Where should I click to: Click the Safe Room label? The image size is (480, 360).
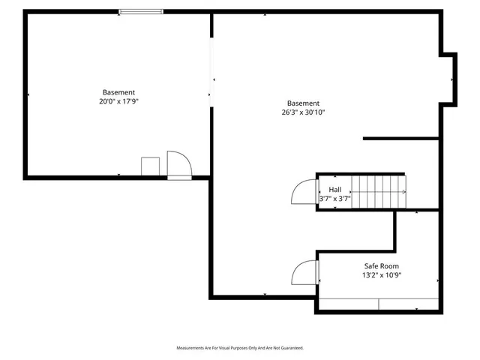click(380, 266)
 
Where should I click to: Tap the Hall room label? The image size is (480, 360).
click(334, 190)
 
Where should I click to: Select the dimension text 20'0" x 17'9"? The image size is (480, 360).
click(118, 101)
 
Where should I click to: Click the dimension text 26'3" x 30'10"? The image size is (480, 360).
click(303, 112)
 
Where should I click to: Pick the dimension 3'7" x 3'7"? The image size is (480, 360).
click(334, 199)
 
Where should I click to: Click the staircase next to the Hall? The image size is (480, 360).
click(379, 192)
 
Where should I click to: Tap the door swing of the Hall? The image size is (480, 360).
click(302, 193)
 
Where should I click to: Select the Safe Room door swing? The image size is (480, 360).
click(304, 271)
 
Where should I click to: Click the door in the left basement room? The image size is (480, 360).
click(179, 164)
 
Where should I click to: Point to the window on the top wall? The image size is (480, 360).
click(141, 11)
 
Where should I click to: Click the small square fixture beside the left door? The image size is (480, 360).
click(150, 166)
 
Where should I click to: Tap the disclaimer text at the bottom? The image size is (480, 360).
click(240, 348)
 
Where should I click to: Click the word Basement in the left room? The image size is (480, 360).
click(118, 92)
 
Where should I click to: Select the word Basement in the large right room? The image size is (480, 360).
click(303, 103)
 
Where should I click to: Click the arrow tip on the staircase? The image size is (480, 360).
click(405, 193)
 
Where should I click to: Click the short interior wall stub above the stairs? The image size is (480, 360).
click(400, 138)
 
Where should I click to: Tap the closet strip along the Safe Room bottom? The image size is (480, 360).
click(379, 304)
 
